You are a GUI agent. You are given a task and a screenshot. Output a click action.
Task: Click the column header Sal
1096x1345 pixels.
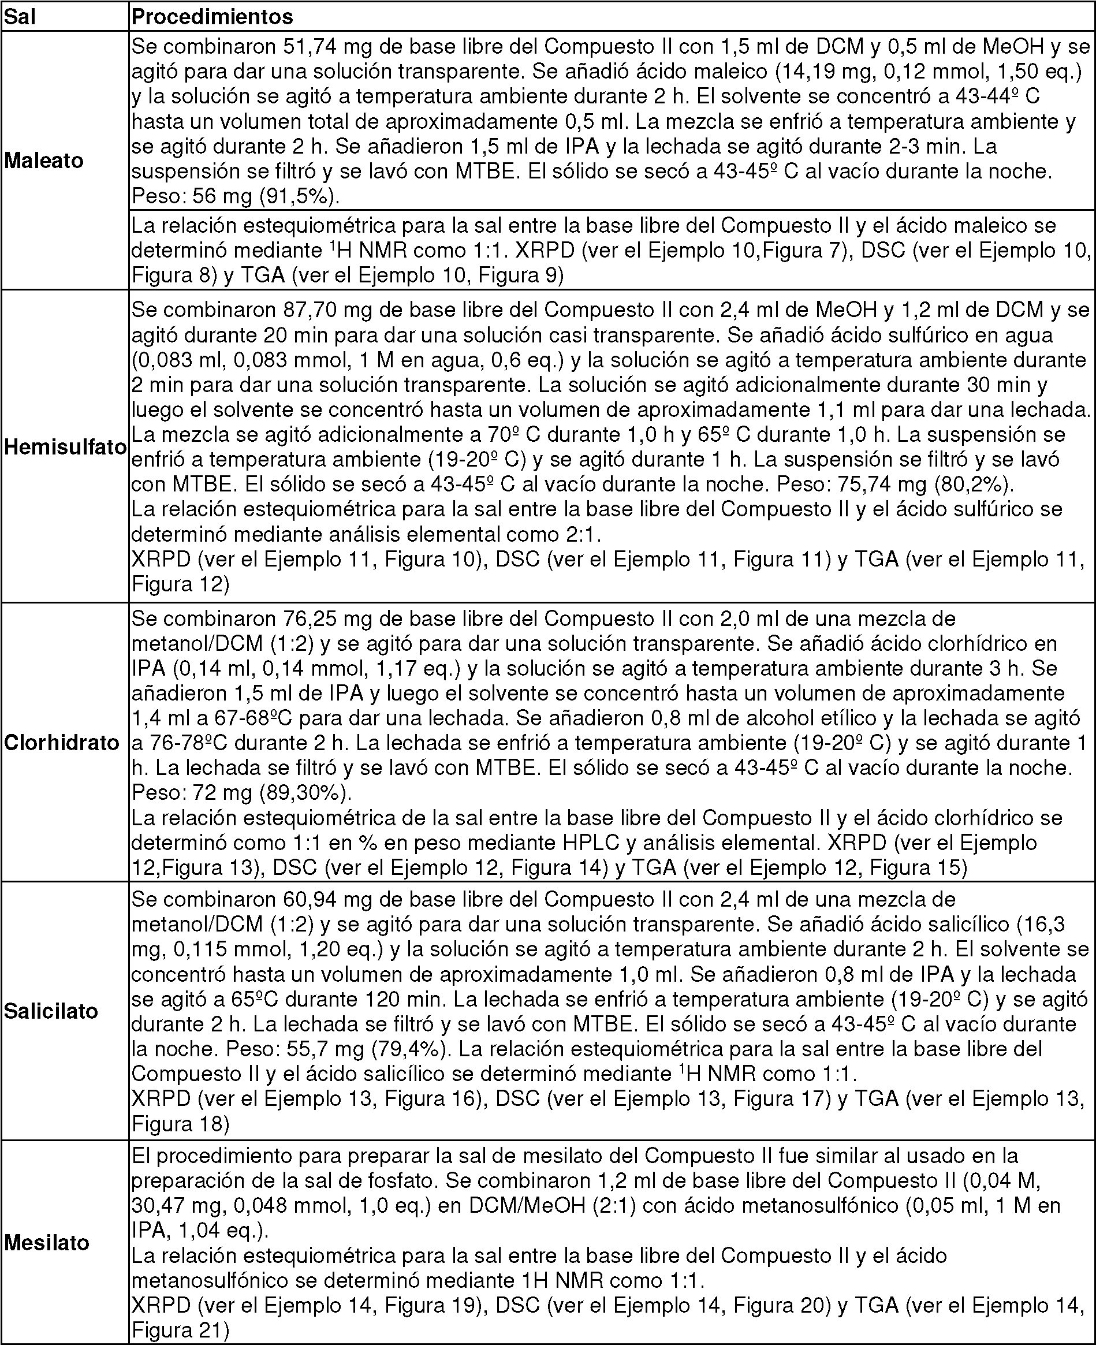click(x=20, y=16)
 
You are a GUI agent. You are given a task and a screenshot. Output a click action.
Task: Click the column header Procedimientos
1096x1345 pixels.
click(x=212, y=16)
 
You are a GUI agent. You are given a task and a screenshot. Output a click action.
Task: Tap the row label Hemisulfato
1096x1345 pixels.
click(x=66, y=447)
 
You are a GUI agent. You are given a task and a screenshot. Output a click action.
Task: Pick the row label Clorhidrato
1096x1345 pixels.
click(x=62, y=743)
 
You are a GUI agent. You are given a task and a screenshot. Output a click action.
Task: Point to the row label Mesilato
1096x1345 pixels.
click(x=47, y=1243)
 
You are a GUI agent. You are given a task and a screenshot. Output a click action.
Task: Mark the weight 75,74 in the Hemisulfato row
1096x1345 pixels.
click(x=864, y=485)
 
